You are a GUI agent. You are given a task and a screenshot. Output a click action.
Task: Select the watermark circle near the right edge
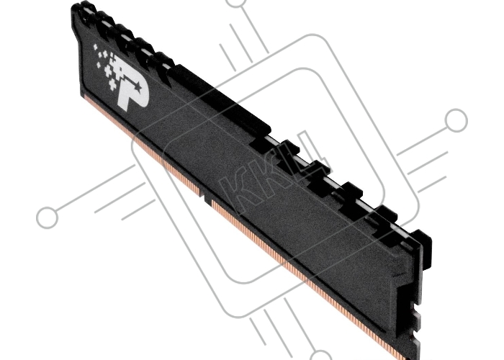pyautogui.click(x=456, y=120)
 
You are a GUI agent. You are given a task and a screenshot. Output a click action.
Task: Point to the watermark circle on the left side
pyautogui.click(x=48, y=217)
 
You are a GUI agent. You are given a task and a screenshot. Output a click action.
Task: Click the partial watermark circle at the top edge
pyautogui.click(x=237, y=3)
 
